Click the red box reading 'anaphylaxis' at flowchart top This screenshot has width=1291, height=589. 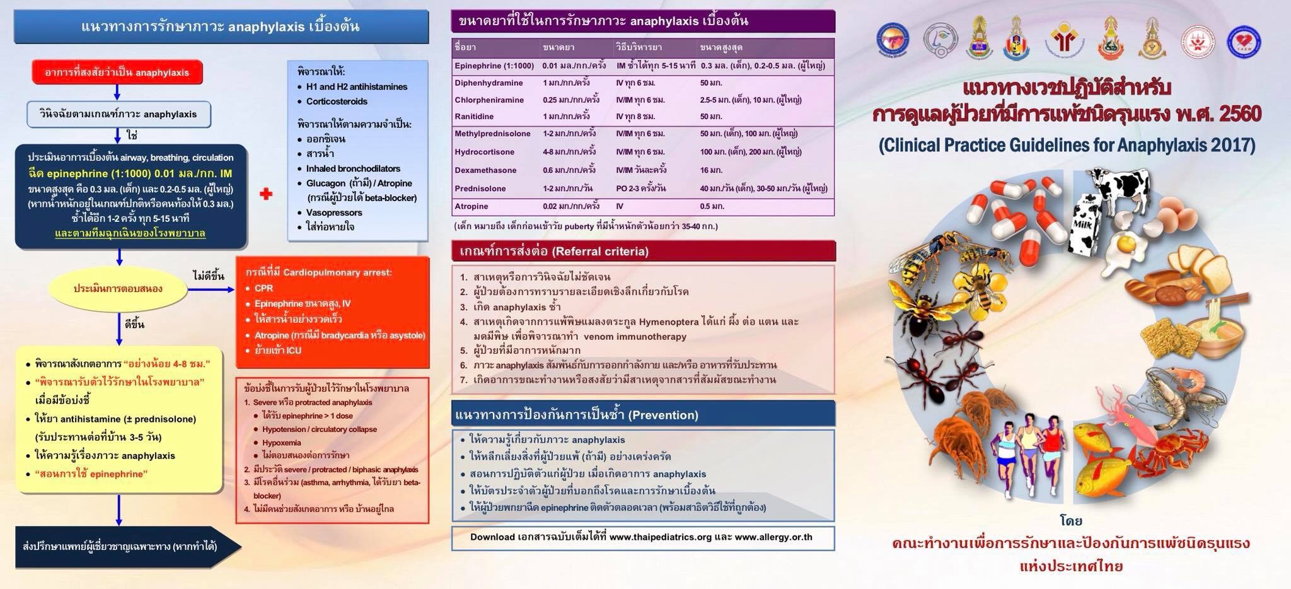117,73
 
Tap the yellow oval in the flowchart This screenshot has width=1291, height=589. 118,289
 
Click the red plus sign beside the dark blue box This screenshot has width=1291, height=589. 266,194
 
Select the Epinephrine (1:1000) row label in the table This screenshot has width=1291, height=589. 494,66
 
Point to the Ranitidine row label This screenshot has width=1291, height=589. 474,117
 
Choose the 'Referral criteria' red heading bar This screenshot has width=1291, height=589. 643,252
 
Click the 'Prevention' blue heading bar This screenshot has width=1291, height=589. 643,415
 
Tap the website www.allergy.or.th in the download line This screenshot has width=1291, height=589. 773,537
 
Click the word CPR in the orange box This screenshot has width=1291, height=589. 263,288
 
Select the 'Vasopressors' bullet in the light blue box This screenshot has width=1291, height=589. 334,213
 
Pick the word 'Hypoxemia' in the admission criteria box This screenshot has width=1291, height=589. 281,443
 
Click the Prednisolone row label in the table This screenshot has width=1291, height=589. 480,189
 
